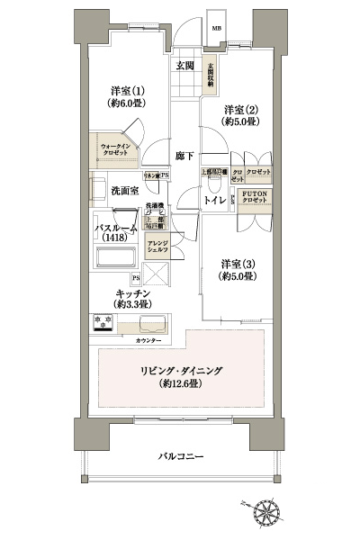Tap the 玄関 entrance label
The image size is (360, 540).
click(x=185, y=65)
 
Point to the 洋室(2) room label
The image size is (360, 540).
click(x=239, y=113)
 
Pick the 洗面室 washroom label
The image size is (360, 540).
click(x=124, y=191)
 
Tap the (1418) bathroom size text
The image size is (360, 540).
click(x=114, y=238)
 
